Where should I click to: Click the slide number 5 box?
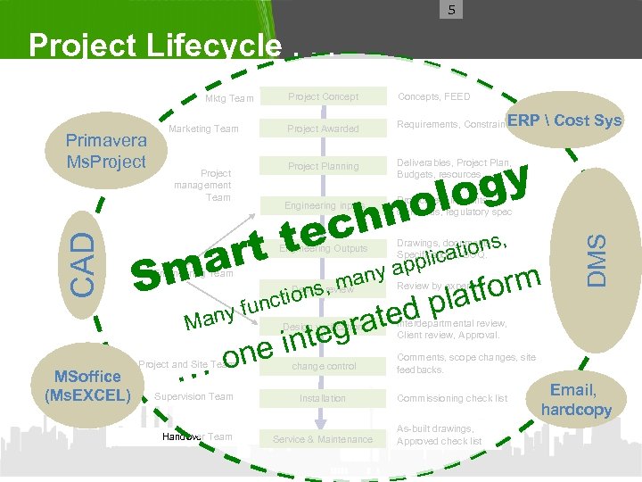[452, 11]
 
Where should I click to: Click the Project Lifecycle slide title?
[155, 45]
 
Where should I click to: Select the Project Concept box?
[323, 96]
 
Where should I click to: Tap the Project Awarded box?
[323, 129]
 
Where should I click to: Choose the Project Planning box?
[323, 166]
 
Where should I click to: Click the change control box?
[323, 366]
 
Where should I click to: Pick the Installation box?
[323, 398]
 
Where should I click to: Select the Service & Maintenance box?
[323, 439]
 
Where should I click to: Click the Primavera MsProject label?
[106, 151]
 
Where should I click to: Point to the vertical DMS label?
[602, 259]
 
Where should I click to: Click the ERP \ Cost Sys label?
[565, 120]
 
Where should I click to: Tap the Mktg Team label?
[229, 98]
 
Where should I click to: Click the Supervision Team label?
[193, 396]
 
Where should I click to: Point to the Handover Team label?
[197, 436]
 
